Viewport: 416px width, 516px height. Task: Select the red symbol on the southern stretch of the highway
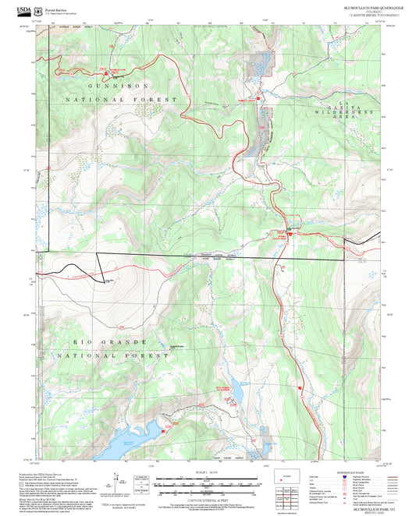click(x=299, y=387)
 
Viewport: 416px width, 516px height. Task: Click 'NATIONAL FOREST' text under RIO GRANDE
click(x=117, y=355)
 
